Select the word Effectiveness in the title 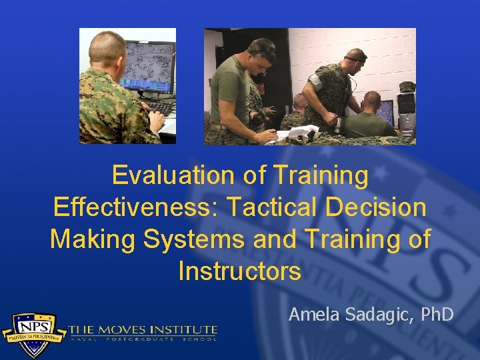(x=135, y=207)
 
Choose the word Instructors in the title (x=240, y=271)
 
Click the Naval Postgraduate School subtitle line (x=143, y=339)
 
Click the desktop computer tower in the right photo (x=405, y=110)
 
